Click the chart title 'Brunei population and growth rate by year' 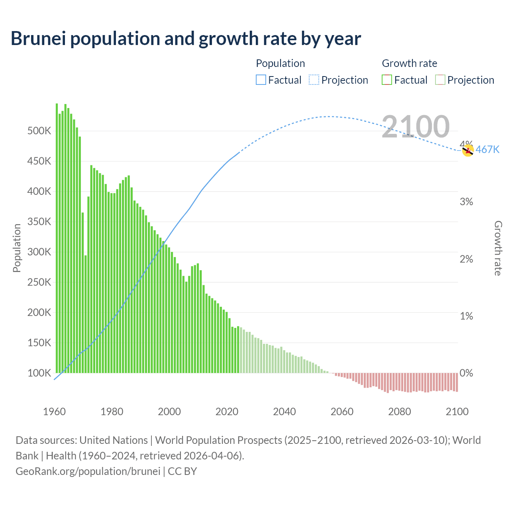pyautogui.click(x=186, y=39)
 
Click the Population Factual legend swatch pyautogui.click(x=261, y=80)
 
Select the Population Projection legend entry pyautogui.click(x=338, y=80)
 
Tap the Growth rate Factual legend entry pyautogui.click(x=404, y=80)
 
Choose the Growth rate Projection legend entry pyautogui.click(x=465, y=80)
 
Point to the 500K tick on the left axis pyautogui.click(x=39, y=131)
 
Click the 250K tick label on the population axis pyautogui.click(x=39, y=282)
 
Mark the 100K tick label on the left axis pyautogui.click(x=39, y=373)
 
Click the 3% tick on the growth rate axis pyautogui.click(x=466, y=202)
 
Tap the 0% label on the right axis pyautogui.click(x=466, y=373)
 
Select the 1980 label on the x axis pyautogui.click(x=112, y=412)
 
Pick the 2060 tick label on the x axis pyautogui.click(x=342, y=412)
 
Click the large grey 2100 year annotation pyautogui.click(x=416, y=127)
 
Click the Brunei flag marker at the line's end pyautogui.click(x=468, y=151)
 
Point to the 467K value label pyautogui.click(x=487, y=150)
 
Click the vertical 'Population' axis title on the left pyautogui.click(x=17, y=248)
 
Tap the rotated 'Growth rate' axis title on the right pyautogui.click(x=498, y=248)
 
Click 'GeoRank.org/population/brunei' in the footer pyautogui.click(x=88, y=471)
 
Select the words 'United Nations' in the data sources pyautogui.click(x=114, y=440)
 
